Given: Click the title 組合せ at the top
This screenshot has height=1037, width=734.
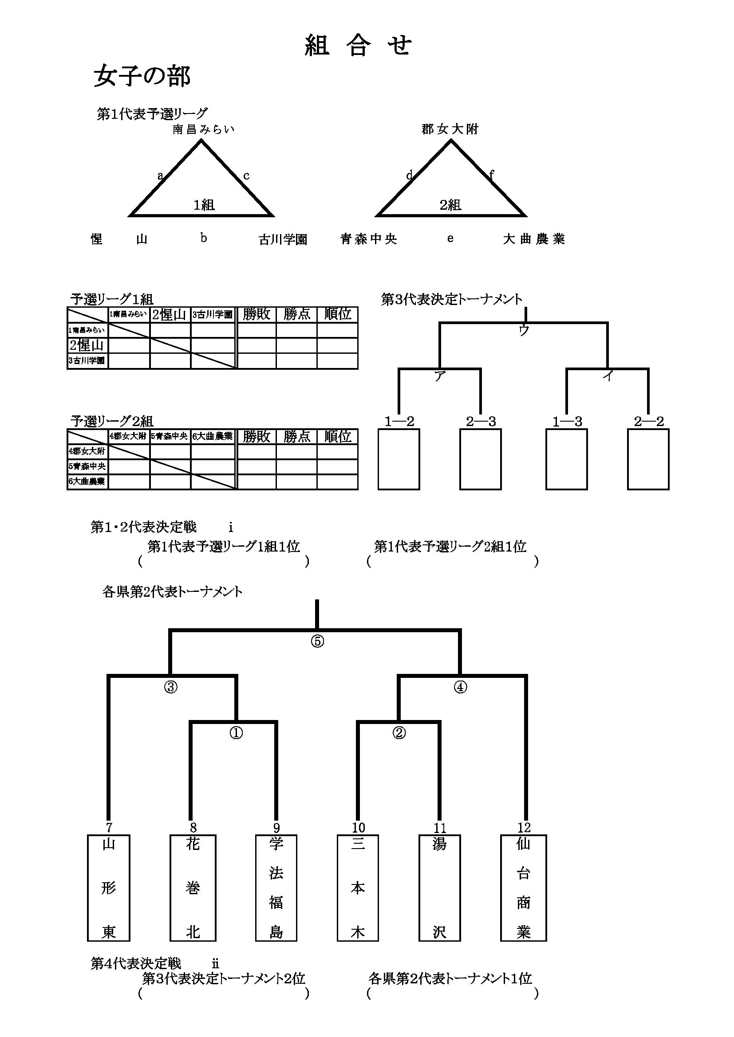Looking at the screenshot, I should [358, 46].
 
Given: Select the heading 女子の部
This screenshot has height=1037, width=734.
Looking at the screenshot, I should [142, 76].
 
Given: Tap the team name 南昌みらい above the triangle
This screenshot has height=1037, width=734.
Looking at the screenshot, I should [203, 129].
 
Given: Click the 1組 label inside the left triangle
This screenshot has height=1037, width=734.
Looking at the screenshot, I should [204, 205].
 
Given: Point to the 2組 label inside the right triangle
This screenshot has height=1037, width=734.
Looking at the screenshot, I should [450, 205].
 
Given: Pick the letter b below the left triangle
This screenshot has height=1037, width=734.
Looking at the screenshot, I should [204, 238].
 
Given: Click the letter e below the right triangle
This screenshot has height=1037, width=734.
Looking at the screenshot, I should [450, 239].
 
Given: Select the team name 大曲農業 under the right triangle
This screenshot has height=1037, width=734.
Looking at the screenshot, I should [534, 239].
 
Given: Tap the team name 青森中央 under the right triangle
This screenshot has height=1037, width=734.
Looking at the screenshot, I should [369, 239].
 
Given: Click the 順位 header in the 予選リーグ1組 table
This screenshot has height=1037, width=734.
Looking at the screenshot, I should [338, 314].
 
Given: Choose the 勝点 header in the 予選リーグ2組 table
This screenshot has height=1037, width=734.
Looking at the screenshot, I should [296, 436].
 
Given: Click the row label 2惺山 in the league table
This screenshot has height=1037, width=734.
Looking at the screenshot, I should [87, 345].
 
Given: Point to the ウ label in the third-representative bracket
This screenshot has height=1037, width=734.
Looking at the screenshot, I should [524, 330].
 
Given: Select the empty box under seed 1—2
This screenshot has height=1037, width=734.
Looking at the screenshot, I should [399, 459].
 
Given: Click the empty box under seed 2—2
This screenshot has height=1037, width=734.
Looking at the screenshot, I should [648, 459].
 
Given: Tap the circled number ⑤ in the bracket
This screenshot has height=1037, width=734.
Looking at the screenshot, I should [317, 642].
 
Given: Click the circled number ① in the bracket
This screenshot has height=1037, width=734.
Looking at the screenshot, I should [236, 732].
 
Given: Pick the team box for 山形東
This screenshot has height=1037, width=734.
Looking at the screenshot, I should [108, 888].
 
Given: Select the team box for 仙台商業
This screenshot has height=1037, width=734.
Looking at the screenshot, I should [523, 888].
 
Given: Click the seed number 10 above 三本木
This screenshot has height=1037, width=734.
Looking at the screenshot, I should [358, 827].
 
